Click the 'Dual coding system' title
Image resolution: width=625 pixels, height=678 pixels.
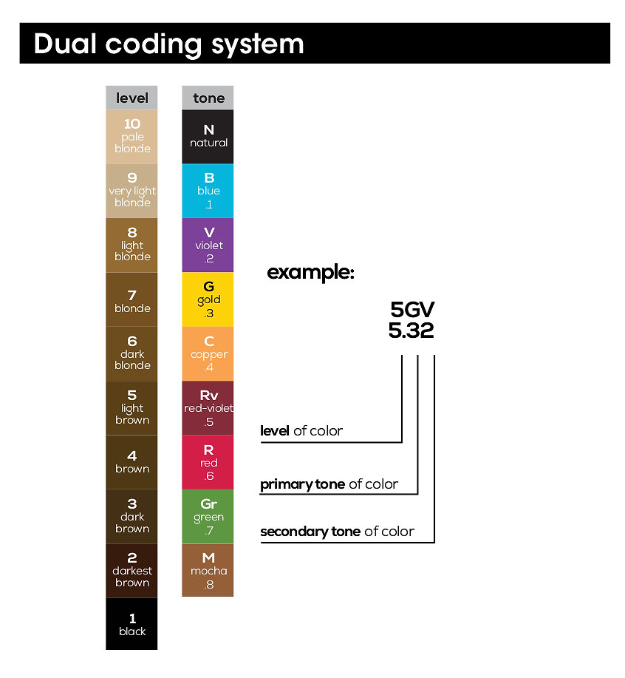point(168,44)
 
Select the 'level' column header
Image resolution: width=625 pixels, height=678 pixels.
point(132,98)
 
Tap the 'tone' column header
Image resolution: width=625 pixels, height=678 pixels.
point(208,98)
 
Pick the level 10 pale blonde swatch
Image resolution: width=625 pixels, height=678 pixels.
point(132,137)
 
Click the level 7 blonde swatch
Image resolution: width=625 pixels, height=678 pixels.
point(132,300)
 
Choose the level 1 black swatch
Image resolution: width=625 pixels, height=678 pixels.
point(132,624)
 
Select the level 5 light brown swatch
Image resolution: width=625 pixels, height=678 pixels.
point(132,408)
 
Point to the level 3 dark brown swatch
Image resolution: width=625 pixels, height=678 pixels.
point(132,516)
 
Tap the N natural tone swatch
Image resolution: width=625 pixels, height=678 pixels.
point(208,137)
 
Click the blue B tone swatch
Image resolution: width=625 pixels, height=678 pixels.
point(208,191)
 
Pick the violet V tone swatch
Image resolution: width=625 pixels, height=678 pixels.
point(208,245)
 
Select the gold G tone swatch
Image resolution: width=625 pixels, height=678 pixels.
point(208,299)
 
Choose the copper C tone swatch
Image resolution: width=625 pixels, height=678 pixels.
point(208,353)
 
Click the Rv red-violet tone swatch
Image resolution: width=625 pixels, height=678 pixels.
point(208,408)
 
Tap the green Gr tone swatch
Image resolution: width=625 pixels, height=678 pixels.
point(208,516)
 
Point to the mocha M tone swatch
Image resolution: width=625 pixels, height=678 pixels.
point(208,570)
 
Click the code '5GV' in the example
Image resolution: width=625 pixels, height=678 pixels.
point(412,309)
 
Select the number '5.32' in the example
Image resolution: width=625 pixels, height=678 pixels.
point(411,331)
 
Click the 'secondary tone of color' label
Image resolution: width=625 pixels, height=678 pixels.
point(338,531)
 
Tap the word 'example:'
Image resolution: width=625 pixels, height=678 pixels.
point(310,273)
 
